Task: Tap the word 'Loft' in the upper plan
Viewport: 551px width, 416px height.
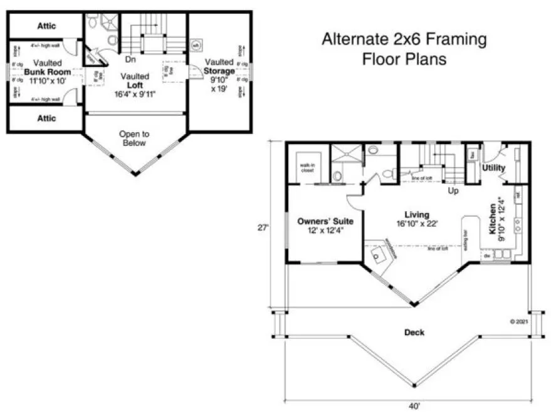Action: pyautogui.click(x=136, y=85)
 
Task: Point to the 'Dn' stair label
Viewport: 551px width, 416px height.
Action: pyautogui.click(x=131, y=60)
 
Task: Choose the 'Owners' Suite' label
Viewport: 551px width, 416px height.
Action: pyautogui.click(x=325, y=222)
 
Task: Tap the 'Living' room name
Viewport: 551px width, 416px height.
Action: pyautogui.click(x=416, y=215)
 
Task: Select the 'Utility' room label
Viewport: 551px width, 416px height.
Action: pyautogui.click(x=494, y=168)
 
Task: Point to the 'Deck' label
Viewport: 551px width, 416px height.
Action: pyautogui.click(x=414, y=332)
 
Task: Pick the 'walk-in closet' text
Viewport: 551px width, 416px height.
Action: pyautogui.click(x=307, y=167)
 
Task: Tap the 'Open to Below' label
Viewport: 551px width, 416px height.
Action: pyautogui.click(x=134, y=138)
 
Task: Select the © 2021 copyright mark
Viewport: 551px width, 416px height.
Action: pyautogui.click(x=520, y=321)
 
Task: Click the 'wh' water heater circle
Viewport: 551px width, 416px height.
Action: pyautogui.click(x=196, y=45)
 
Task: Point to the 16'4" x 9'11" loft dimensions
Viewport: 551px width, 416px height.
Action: pyautogui.click(x=136, y=94)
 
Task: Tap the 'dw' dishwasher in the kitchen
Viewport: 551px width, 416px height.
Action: pyautogui.click(x=486, y=255)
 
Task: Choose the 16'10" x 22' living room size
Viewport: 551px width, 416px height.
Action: pyautogui.click(x=416, y=224)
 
